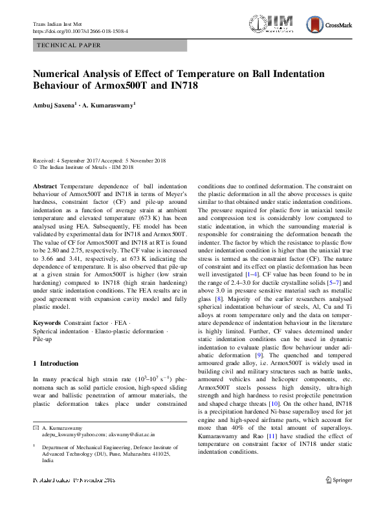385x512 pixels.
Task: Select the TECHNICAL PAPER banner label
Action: click(x=69, y=46)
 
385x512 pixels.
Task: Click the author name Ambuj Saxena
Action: click(x=56, y=103)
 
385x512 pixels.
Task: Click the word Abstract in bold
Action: click(x=44, y=186)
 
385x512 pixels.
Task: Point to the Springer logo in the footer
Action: click(x=337, y=480)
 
